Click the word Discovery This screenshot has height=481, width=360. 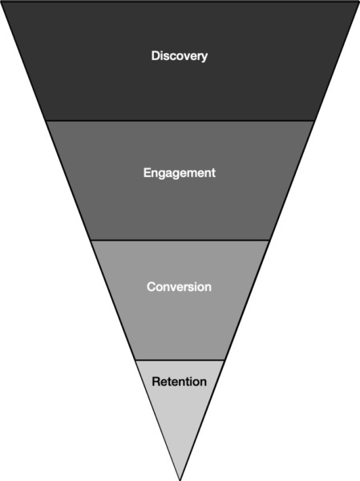(180, 56)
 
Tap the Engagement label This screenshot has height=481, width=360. (180, 172)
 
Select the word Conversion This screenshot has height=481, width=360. (180, 287)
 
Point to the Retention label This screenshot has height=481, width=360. (180, 382)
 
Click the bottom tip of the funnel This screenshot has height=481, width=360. (180, 480)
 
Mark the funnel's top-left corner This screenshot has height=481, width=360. (2, 2)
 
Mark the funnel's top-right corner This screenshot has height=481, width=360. (358, 2)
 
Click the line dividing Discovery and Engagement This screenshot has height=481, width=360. (180, 121)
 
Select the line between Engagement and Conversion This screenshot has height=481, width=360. (180, 240)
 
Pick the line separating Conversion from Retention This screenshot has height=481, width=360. (180, 360)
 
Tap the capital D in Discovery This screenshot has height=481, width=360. (156, 55)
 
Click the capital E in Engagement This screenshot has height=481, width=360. (147, 172)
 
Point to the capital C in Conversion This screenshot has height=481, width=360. (152, 287)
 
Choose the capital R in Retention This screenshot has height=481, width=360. (156, 382)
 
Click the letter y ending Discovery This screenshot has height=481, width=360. (204, 58)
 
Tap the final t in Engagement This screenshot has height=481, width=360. (213, 172)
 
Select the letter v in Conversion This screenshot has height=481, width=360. (175, 289)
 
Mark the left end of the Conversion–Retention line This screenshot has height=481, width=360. (135, 360)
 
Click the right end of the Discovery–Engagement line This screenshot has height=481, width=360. (315, 121)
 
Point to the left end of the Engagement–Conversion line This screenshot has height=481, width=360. (91, 240)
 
